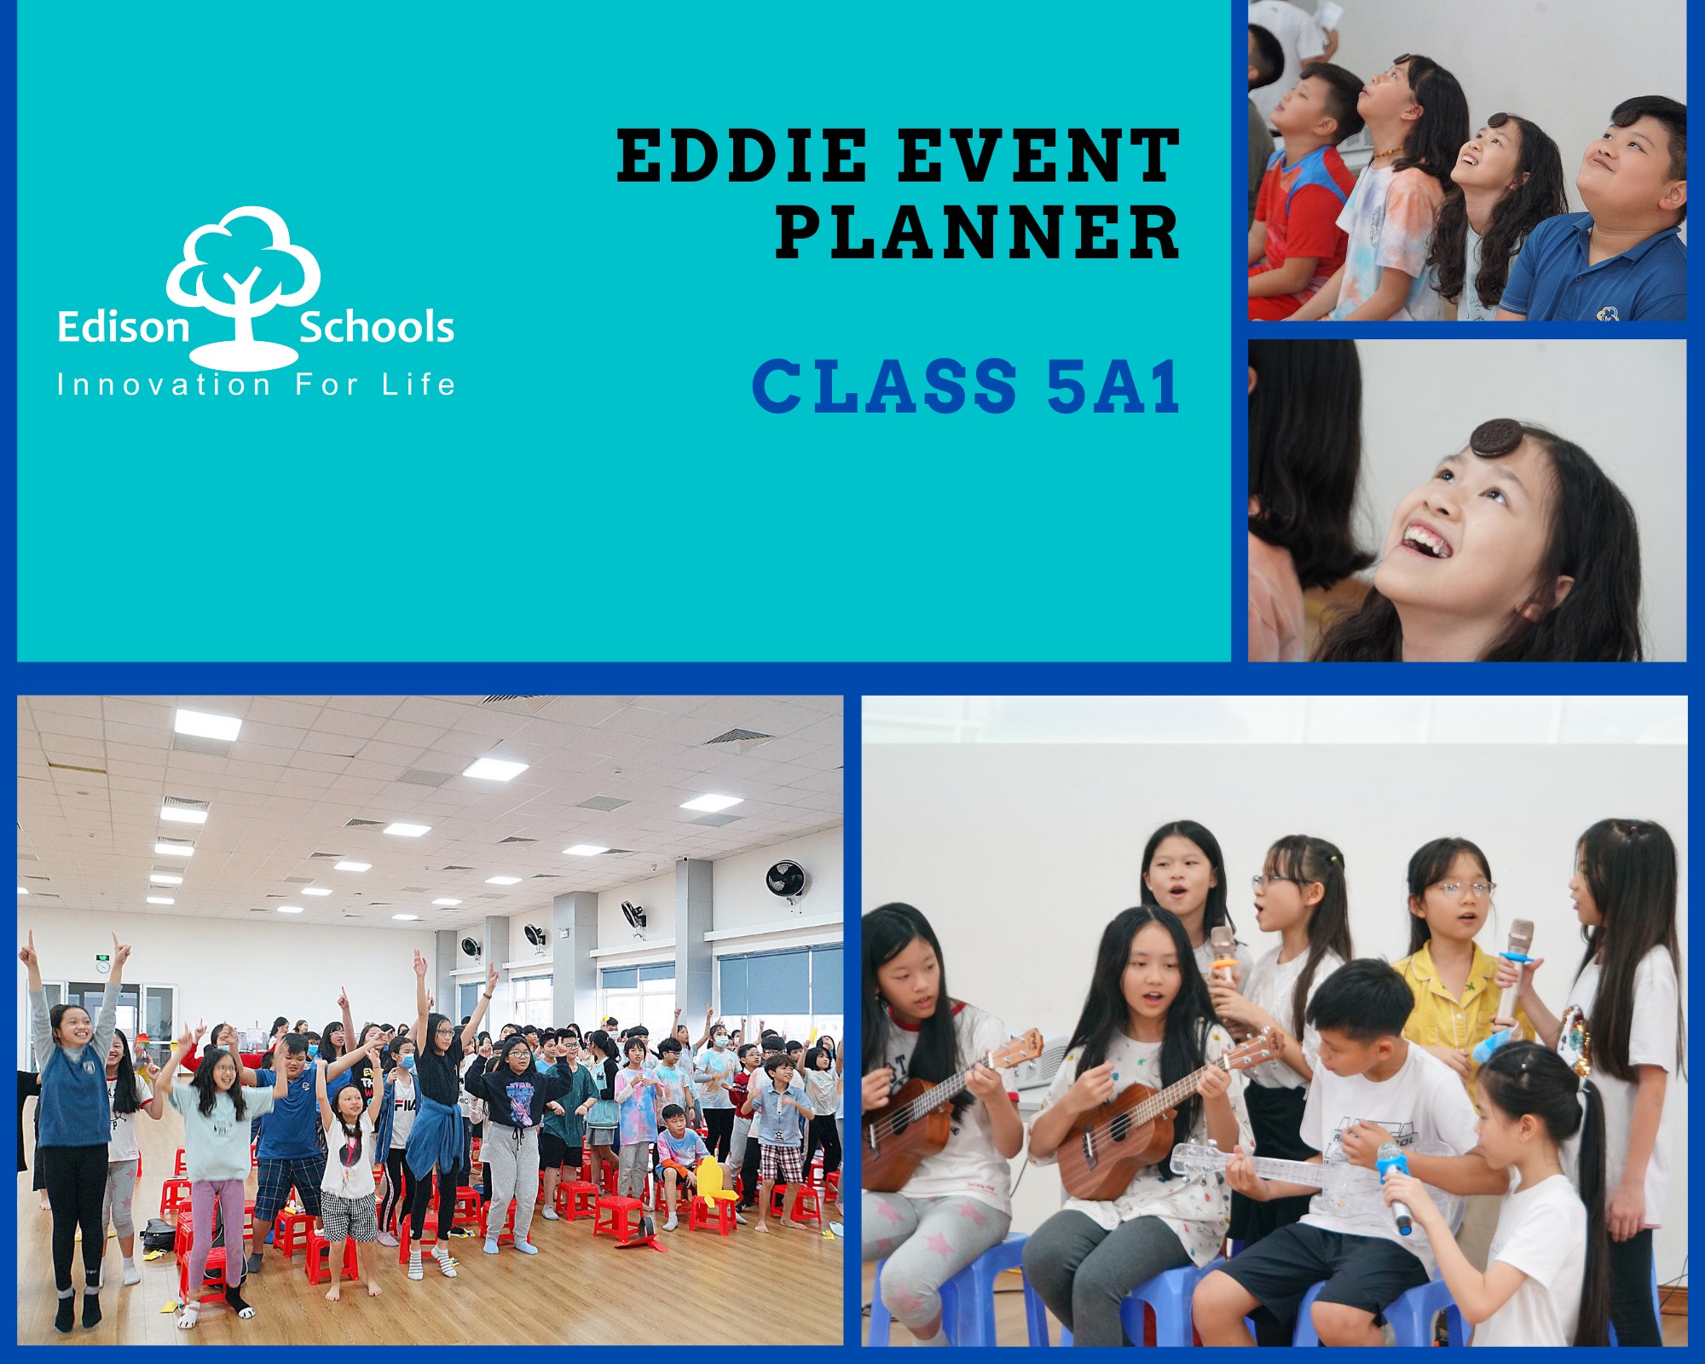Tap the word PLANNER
point(978,232)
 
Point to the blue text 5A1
point(1113,385)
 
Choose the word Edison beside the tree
point(123,327)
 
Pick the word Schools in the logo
point(376,327)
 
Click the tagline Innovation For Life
point(256,384)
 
